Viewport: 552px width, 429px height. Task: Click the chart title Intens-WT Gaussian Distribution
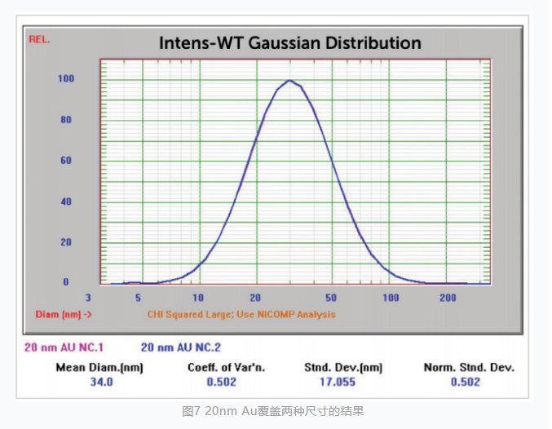290,42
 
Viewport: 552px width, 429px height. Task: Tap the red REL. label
38,38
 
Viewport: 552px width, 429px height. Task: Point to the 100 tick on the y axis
65,79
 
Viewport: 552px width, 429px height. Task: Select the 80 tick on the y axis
65,120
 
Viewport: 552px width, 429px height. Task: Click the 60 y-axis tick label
65,161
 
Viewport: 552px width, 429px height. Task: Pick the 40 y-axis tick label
65,201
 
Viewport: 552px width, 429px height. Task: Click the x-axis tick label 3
88,299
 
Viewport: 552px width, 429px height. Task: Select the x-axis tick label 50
331,299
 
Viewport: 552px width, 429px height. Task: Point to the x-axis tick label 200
447,299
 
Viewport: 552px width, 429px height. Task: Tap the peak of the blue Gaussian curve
289,80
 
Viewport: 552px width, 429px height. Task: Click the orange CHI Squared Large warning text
241,314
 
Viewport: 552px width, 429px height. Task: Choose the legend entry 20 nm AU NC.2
182,347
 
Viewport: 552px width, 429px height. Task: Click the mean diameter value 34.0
99,382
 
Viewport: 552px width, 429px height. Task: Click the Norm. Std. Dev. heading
469,367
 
